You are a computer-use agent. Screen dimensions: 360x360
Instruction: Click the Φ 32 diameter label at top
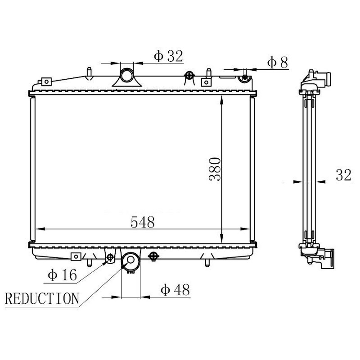pos(168,56)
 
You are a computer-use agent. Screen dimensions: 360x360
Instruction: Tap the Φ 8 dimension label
pos(277,63)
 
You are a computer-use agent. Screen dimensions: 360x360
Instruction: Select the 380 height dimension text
pos(215,169)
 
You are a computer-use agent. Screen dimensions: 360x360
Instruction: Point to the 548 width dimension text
pos(143,222)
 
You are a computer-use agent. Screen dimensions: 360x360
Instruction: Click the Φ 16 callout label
pos(62,275)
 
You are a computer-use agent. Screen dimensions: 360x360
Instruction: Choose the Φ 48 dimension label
pos(175,290)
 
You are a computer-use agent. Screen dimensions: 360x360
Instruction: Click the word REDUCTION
pos(42,298)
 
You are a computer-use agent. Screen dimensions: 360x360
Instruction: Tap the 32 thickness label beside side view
pos(343,175)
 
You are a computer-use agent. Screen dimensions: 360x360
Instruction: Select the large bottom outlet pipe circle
pos(130,260)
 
